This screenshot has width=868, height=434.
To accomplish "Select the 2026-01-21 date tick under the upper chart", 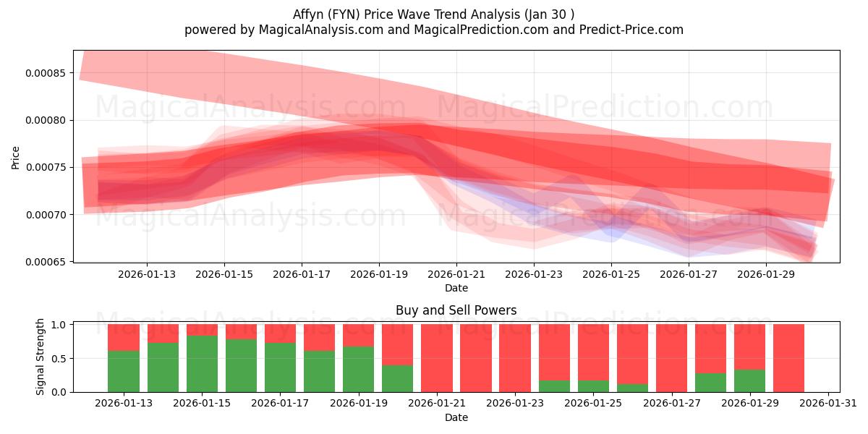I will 456,274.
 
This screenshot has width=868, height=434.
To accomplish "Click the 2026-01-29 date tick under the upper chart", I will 766,274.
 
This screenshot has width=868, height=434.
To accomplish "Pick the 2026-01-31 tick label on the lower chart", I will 827,404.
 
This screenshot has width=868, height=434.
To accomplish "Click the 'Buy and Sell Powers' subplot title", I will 456,310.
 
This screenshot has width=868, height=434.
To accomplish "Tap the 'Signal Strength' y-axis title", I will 41,357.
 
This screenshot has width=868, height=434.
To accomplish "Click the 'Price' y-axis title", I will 15,156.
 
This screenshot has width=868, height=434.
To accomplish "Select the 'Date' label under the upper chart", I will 456,288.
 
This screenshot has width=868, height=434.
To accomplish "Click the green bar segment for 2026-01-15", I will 202,364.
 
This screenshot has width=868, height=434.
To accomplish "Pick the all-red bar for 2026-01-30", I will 788,358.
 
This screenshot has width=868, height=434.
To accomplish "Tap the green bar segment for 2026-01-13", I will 124,371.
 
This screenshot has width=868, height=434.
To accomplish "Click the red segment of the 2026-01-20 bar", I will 398,344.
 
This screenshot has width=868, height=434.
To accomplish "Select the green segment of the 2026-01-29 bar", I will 749,380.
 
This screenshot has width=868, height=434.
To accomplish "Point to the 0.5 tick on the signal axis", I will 63,358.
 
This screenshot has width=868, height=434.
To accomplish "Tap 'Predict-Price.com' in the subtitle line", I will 634,30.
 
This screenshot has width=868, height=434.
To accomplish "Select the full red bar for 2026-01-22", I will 476,358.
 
